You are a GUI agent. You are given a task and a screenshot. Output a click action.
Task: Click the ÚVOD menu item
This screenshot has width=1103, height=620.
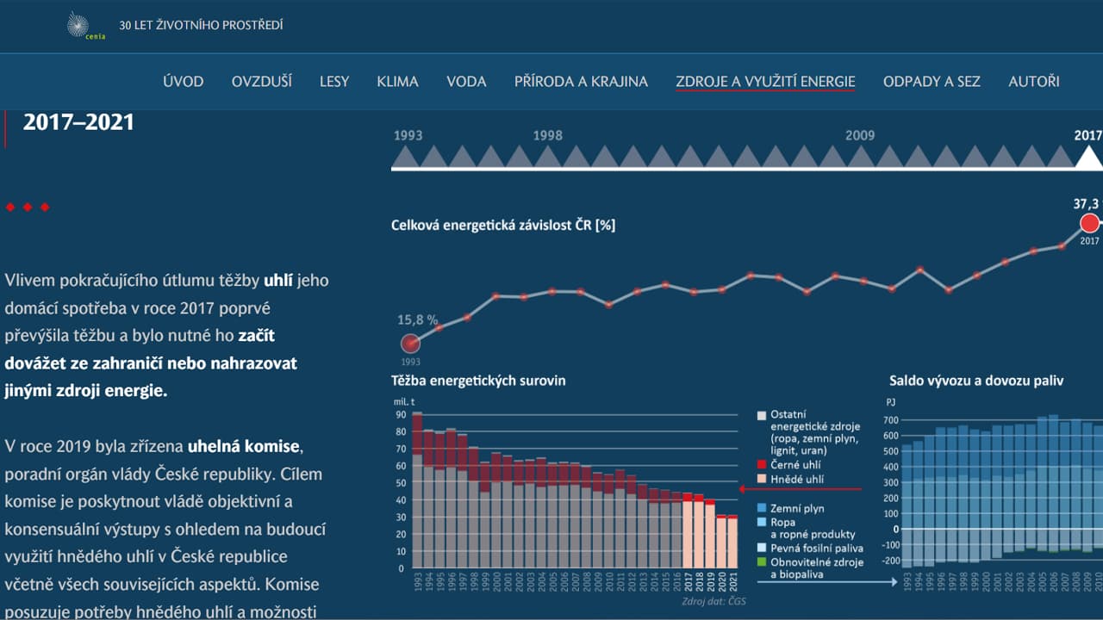tap(183, 82)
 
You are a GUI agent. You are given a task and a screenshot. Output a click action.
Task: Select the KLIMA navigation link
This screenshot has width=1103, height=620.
tap(397, 82)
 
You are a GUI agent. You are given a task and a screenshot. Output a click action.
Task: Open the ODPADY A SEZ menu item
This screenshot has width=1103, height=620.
tap(932, 82)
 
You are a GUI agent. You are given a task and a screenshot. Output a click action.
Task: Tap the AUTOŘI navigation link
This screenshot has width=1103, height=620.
tap(1033, 82)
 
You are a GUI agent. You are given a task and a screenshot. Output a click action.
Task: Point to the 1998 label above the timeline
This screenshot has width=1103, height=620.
tap(547, 135)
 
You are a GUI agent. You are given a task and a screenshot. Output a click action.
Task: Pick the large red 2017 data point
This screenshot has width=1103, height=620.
tap(1089, 224)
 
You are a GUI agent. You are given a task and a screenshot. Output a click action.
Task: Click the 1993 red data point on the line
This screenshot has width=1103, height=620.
tap(411, 344)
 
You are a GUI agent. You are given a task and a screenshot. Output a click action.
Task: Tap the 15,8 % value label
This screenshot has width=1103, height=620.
tap(417, 319)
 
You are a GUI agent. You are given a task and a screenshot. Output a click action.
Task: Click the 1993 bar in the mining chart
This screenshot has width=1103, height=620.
tap(417, 491)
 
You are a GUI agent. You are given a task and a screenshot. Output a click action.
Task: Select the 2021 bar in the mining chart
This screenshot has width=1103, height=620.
tap(732, 542)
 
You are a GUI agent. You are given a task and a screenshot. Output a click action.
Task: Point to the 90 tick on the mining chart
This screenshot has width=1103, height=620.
tap(401, 415)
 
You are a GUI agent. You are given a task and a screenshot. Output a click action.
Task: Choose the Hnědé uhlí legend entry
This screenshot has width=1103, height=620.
tap(791, 478)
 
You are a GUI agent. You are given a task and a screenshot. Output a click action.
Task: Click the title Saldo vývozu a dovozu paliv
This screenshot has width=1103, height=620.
tap(976, 381)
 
